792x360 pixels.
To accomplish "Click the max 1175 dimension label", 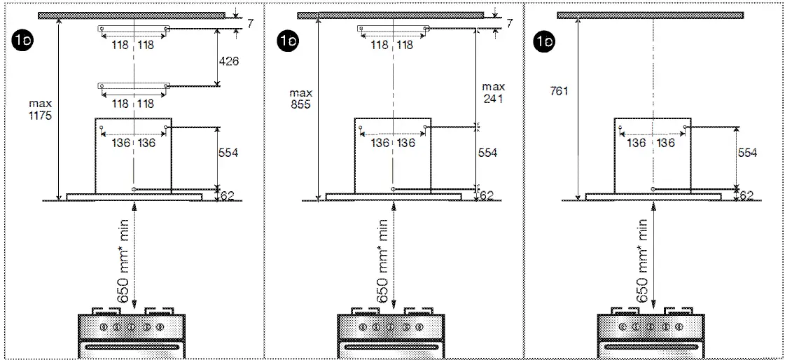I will coord(41,109).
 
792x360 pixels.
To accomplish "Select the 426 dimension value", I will coord(228,62).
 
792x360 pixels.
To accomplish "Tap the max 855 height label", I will coord(300,99).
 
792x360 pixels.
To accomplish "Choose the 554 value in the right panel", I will coord(747,153).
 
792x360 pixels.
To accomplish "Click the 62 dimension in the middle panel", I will coord(487,195).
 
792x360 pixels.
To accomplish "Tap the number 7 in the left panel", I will coord(249,24).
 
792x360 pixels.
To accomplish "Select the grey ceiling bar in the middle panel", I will coord(389,15).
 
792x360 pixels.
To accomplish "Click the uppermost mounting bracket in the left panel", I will coord(133,29).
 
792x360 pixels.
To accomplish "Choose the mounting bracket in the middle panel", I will coord(392,29).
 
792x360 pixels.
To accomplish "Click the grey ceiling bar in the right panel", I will coord(650,15).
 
